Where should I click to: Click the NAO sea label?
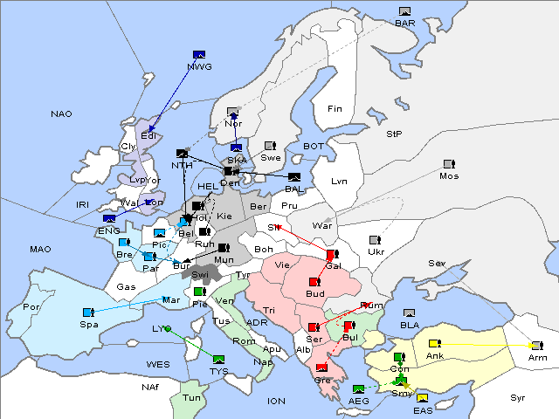click(61, 113)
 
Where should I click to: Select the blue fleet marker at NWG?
click(199, 55)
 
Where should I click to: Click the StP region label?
click(394, 134)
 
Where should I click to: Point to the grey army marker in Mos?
click(449, 164)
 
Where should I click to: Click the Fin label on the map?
click(335, 108)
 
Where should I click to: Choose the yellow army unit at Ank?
click(434, 343)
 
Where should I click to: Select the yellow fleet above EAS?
click(422, 399)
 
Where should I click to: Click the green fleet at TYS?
click(218, 359)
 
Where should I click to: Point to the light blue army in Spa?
click(87, 313)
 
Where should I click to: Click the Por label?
click(31, 307)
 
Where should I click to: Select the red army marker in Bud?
click(314, 282)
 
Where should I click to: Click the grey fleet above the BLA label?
click(410, 313)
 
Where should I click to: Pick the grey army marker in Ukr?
click(375, 240)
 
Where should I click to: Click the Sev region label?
click(437, 263)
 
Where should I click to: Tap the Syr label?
click(518, 397)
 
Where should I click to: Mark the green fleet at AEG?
click(358, 388)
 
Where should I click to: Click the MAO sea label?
click(40, 249)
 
